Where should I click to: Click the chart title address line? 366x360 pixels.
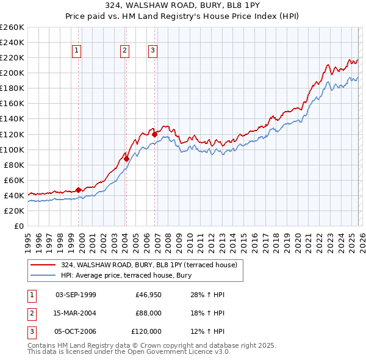[x=183, y=5]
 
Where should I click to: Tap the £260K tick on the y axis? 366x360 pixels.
[x=12, y=27]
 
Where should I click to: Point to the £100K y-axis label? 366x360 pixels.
[x=12, y=149]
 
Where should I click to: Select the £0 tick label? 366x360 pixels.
[x=18, y=226]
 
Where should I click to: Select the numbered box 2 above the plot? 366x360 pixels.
[x=124, y=51]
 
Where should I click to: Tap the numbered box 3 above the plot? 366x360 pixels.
[x=152, y=51]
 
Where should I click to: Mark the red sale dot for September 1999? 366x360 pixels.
[x=78, y=190]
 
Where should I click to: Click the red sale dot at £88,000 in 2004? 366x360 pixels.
[x=126, y=159]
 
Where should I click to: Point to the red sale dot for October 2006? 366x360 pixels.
[x=154, y=134]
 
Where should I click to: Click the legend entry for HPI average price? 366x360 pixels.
[x=126, y=275]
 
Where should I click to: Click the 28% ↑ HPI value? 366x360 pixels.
[x=207, y=295]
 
